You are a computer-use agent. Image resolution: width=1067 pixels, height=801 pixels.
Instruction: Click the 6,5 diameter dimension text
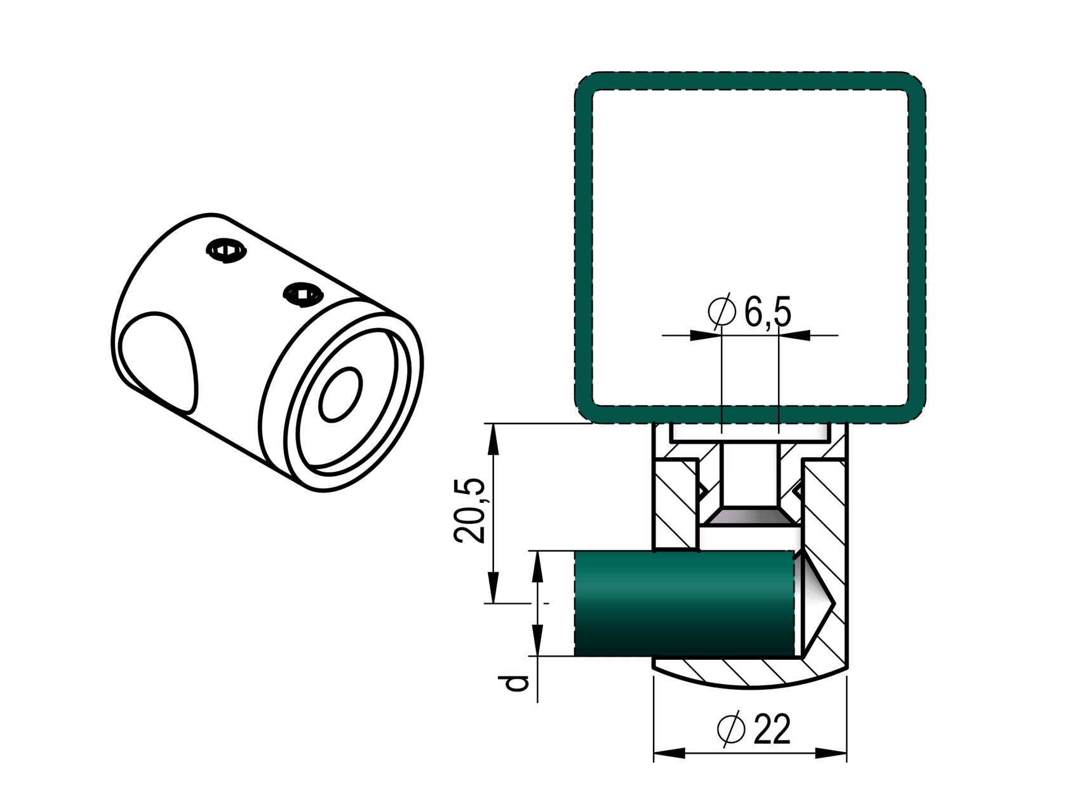(768, 312)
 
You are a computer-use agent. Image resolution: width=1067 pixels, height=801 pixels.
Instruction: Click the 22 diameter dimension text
(772, 729)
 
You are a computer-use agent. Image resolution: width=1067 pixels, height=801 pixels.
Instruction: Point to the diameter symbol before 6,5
(721, 311)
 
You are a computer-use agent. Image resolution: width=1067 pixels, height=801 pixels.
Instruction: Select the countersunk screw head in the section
(750, 516)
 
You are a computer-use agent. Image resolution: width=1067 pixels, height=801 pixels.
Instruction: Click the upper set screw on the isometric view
(226, 250)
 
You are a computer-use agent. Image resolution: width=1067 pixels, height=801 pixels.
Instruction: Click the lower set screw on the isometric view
(303, 294)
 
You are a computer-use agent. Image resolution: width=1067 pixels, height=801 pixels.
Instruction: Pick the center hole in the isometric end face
(341, 394)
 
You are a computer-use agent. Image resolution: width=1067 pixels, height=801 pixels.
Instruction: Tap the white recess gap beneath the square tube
(750, 434)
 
